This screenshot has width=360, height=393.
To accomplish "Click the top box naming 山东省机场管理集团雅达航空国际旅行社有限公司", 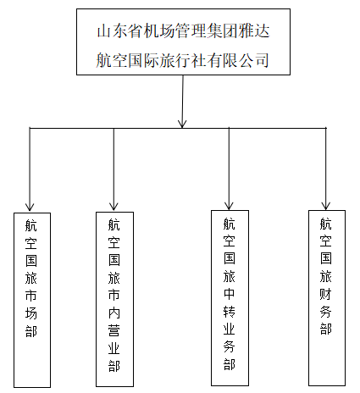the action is tap(183, 42).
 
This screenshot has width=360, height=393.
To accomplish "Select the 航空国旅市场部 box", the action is tap(32, 300).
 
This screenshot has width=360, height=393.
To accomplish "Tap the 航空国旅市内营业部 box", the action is tap(114, 299).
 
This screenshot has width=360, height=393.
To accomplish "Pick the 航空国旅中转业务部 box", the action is tap(230, 298).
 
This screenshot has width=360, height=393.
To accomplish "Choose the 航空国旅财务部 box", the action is tap(327, 298).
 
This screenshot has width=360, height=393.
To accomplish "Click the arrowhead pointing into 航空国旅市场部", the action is tap(30, 207).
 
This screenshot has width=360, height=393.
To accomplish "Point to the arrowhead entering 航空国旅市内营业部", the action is tap(114, 207).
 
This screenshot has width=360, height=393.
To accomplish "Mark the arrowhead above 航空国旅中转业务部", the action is tap(229, 206).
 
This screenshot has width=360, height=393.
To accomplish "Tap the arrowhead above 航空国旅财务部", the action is tap(326, 206).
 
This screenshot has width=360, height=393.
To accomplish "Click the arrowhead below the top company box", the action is tap(182, 124).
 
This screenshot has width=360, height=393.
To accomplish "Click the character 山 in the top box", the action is tap(104, 31).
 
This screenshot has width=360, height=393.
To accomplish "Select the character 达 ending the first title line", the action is tap(262, 31).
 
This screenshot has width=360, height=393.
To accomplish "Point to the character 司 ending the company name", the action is tap(262, 60).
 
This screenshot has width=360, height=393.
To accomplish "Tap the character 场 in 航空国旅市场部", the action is tap(31, 313).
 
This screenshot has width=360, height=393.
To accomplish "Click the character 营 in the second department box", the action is tap(114, 330).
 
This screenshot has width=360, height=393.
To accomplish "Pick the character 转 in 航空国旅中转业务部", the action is tap(230, 312).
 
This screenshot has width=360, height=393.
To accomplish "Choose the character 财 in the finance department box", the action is tap(326, 294).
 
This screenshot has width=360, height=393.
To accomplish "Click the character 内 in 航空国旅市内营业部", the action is tap(114, 313).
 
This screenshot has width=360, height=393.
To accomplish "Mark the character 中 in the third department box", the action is tap(230, 294).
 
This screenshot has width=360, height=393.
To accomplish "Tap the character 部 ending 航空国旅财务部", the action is tap(326, 329).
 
